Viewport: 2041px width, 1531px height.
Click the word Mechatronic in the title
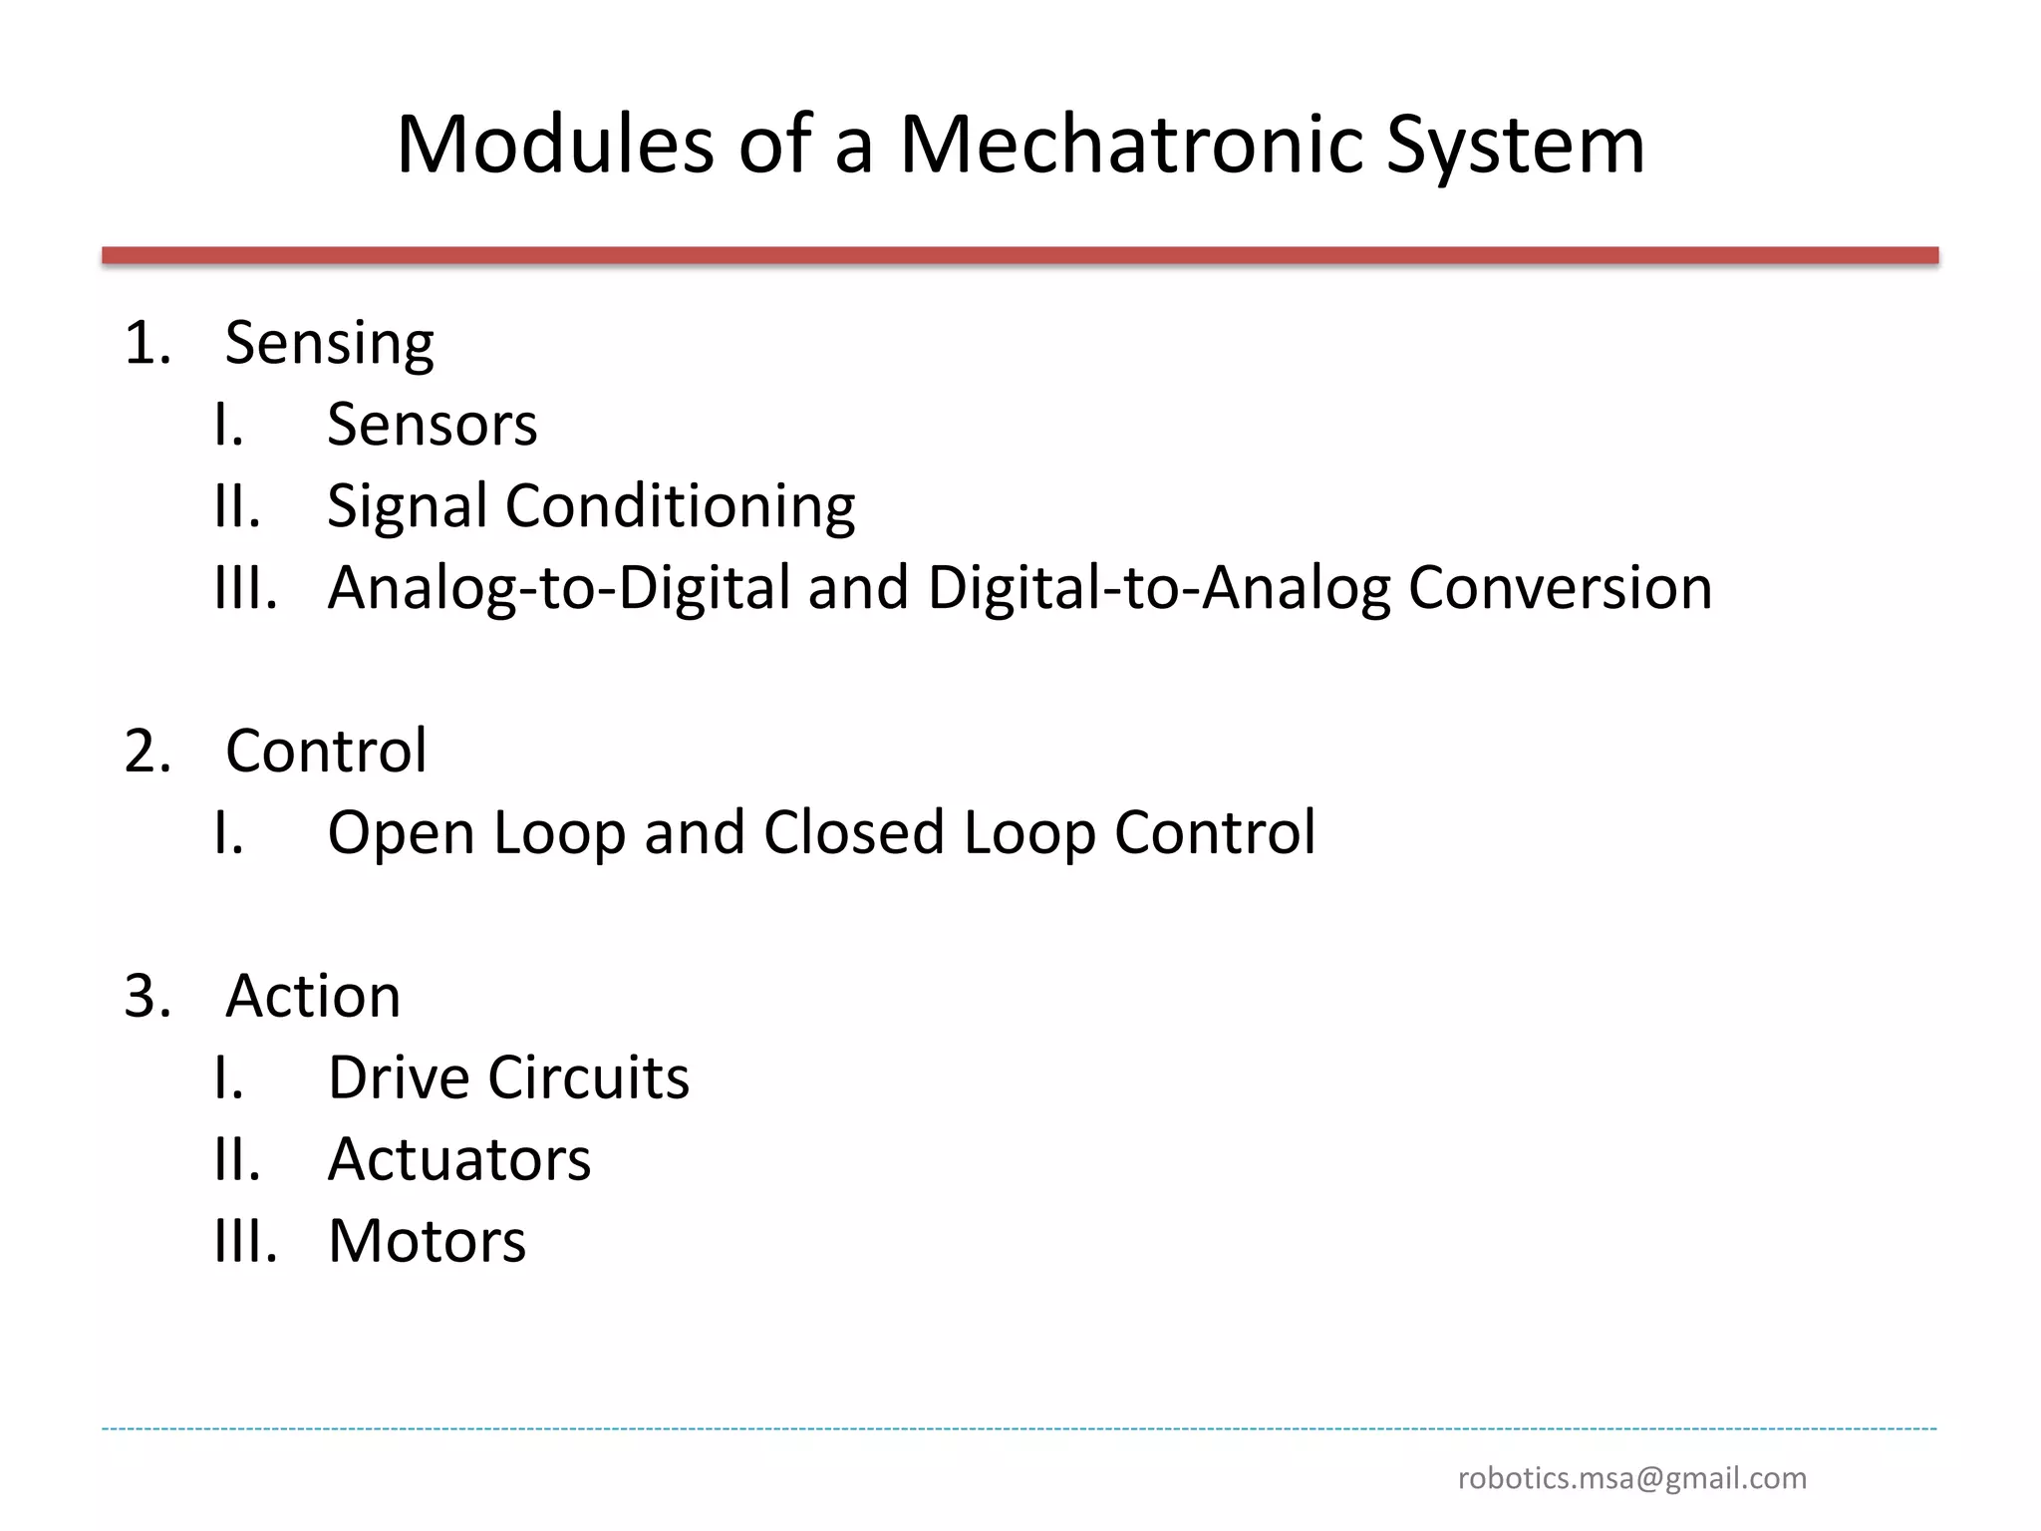1132,146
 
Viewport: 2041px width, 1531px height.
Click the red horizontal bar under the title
1020,256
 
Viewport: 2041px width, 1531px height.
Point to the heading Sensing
330,345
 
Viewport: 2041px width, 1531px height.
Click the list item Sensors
433,425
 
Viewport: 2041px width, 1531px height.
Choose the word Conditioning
680,506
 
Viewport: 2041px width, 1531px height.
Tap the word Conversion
1560,588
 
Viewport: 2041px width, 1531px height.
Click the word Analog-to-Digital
559,588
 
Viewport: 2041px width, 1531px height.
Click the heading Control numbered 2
326,751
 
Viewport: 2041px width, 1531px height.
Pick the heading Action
313,996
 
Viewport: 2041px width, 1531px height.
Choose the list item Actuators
459,1159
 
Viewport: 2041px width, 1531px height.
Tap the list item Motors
427,1241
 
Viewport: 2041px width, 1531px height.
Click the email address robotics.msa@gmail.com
1631,1478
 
